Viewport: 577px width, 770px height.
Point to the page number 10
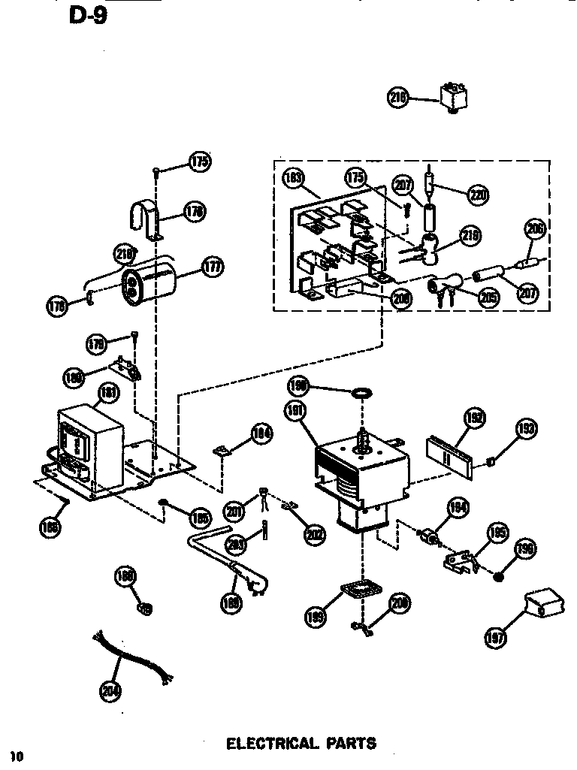coord(17,755)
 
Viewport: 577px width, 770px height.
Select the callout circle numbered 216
coord(398,97)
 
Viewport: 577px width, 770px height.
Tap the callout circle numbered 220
coord(477,195)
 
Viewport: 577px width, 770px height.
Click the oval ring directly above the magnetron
coord(362,392)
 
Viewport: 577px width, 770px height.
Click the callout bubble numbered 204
coord(110,690)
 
